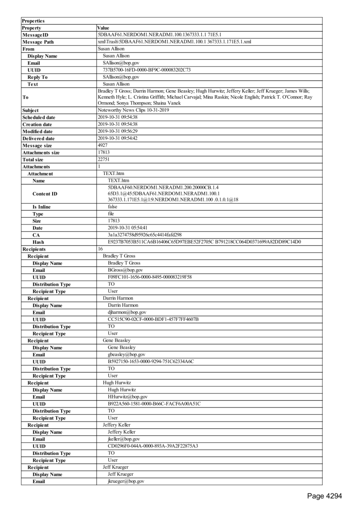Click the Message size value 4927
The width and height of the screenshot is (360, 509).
click(103, 145)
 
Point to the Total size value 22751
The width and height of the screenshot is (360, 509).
click(104, 160)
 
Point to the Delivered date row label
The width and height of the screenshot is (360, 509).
click(38, 138)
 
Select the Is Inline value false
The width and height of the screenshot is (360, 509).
click(112, 206)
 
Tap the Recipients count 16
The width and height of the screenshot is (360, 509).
click(101, 249)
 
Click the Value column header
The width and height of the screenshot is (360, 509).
click(103, 28)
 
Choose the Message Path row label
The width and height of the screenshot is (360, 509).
click(39, 42)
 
